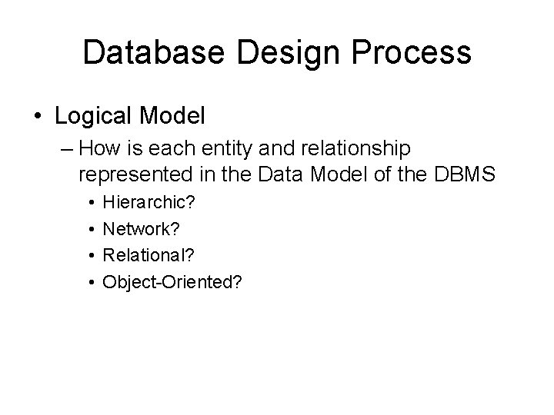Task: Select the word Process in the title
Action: [x=412, y=53]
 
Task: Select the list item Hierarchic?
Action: [x=149, y=204]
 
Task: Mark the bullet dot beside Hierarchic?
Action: [x=91, y=204]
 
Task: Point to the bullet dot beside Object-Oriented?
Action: [x=91, y=282]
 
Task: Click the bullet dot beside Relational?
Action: [x=91, y=256]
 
